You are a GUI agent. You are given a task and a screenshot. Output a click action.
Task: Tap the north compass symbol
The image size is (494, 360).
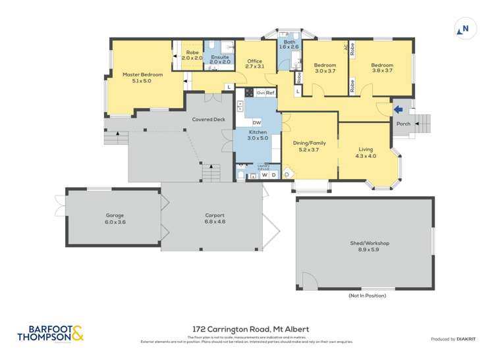(463, 29)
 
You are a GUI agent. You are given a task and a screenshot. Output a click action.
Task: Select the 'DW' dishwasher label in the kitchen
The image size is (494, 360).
(256, 123)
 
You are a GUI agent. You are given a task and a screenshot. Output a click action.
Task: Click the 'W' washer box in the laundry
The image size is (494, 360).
(265, 175)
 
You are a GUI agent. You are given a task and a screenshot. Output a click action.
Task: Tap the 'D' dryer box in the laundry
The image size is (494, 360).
(273, 175)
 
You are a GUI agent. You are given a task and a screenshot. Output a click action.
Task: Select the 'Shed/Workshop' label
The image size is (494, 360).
(369, 244)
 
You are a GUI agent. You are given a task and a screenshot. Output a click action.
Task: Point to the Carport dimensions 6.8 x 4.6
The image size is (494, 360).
(215, 222)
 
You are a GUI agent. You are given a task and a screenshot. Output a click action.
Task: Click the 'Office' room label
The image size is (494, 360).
(254, 61)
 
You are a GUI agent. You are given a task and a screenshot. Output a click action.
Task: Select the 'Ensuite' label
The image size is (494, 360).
(220, 57)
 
